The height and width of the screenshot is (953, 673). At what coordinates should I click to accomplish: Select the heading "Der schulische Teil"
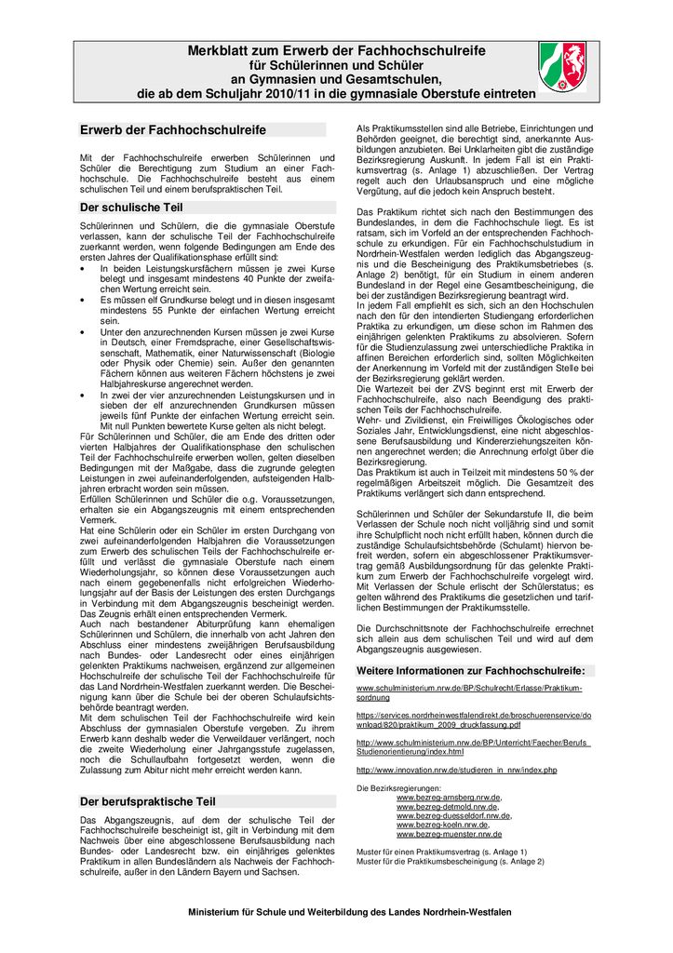131,208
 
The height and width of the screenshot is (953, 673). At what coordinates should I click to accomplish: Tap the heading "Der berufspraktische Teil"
147,800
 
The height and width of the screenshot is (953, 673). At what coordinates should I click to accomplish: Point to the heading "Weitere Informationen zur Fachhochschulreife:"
471,670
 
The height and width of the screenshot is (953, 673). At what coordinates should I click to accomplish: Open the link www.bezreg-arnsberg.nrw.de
449,798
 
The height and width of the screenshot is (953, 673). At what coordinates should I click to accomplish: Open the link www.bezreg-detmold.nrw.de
446,806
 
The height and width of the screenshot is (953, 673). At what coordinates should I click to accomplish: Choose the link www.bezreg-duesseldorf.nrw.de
453,815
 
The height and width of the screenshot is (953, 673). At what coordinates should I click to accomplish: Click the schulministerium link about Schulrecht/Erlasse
469,692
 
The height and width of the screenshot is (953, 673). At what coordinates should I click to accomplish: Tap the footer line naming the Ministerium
349,912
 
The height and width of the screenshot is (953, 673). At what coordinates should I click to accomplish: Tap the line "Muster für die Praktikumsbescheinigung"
450,861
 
